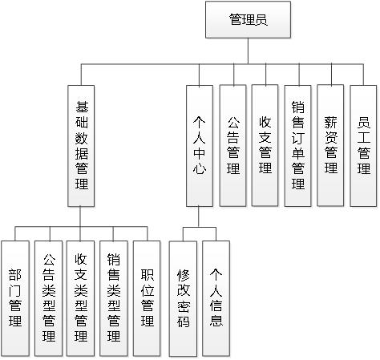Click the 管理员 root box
(x=248, y=20)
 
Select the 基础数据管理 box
(x=83, y=145)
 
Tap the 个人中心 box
(x=201, y=145)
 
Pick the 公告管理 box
(x=233, y=145)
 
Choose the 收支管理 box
(x=265, y=145)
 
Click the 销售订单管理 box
(x=297, y=145)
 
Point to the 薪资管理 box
(x=330, y=145)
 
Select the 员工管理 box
(x=362, y=145)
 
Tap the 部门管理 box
(x=15, y=297)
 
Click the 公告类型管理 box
(x=48, y=297)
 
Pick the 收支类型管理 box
(x=80, y=297)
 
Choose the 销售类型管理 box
(x=113, y=297)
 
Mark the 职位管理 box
(x=146, y=297)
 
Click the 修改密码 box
(x=184, y=297)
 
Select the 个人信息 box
(x=216, y=297)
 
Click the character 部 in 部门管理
(x=15, y=269)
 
